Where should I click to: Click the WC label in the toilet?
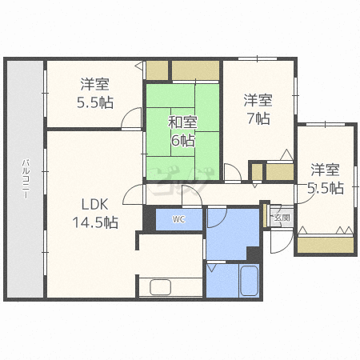(x=178, y=219)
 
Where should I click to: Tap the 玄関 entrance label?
(x=282, y=218)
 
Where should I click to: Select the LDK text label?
(x=94, y=205)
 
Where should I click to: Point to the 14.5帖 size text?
(x=95, y=222)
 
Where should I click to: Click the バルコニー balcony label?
(x=26, y=178)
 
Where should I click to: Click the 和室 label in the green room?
(x=182, y=122)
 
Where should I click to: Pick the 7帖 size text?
(x=258, y=118)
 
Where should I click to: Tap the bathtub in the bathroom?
(x=249, y=281)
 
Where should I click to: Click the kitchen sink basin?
(x=160, y=287)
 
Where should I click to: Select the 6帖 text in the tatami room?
(x=183, y=140)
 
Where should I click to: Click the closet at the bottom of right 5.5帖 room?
(x=326, y=245)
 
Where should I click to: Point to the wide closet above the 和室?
(x=195, y=70)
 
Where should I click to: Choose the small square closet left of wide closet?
(x=158, y=70)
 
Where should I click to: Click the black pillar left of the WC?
(x=150, y=219)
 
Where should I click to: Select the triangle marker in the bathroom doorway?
(x=211, y=268)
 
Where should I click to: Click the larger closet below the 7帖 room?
(x=280, y=172)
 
